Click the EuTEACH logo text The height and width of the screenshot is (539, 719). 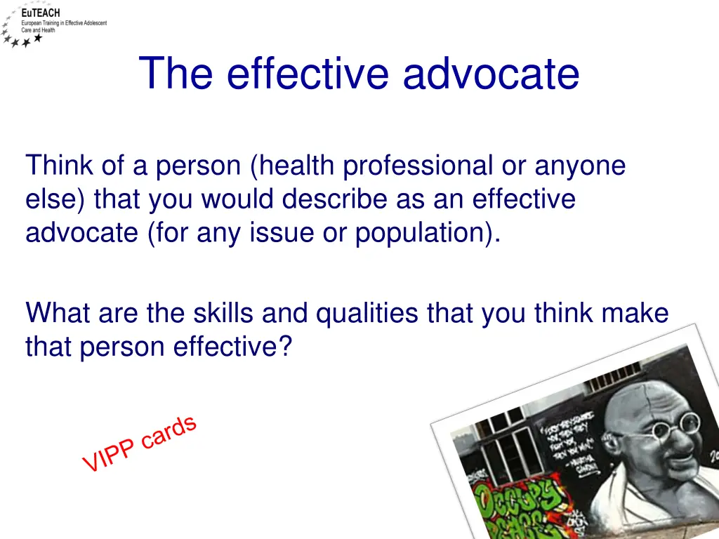pyautogui.click(x=41, y=13)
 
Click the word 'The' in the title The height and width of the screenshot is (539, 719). pyautogui.click(x=175, y=74)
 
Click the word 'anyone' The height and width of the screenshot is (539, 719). pyautogui.click(x=580, y=166)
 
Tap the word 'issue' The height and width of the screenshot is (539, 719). pyautogui.click(x=281, y=232)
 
